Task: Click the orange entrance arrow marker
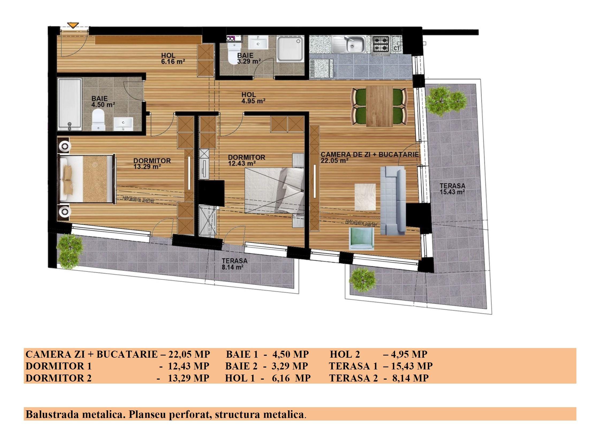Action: pyautogui.click(x=73, y=25)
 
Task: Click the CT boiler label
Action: pyautogui.click(x=397, y=48)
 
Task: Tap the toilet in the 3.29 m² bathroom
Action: pyautogui.click(x=234, y=53)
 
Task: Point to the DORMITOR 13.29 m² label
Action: pyautogui.click(x=152, y=163)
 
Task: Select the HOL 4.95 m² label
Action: pyautogui.click(x=253, y=98)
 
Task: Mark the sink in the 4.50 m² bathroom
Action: pyautogui.click(x=123, y=124)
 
